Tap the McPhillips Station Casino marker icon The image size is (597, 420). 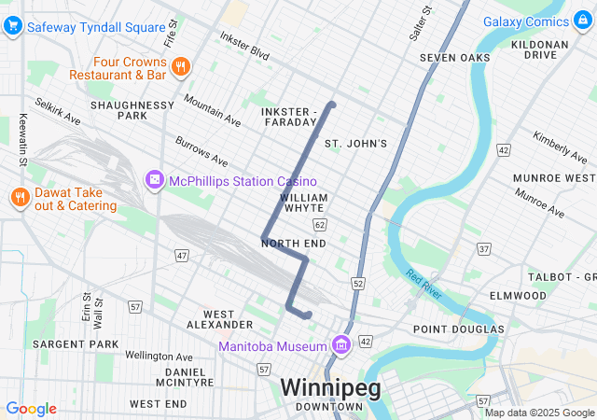point(153,179)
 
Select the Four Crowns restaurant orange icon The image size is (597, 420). point(181,66)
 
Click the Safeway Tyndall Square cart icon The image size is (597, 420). point(13,25)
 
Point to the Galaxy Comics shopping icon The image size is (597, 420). point(583,21)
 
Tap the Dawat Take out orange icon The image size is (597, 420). point(18,197)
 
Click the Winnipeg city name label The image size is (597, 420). point(330,387)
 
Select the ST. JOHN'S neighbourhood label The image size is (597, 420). point(354,143)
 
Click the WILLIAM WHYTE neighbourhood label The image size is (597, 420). point(303,203)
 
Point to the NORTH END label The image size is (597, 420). point(294,244)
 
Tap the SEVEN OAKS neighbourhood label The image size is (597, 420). point(454,58)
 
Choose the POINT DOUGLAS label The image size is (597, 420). point(458,329)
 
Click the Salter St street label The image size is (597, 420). point(421,23)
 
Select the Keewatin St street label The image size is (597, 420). point(22,138)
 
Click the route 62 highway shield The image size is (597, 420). point(320,225)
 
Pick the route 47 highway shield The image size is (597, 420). point(182,255)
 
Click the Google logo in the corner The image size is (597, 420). point(31,409)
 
